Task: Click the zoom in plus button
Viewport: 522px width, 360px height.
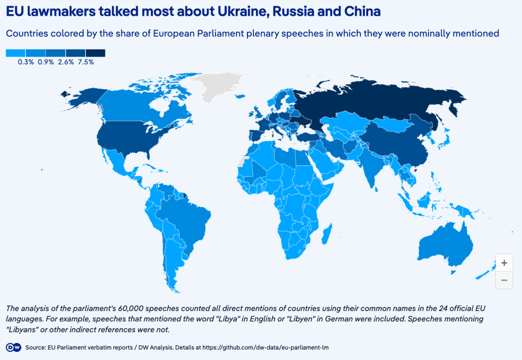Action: click(504, 263)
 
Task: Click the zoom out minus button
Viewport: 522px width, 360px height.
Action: click(504, 280)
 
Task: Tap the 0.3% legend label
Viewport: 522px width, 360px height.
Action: click(26, 62)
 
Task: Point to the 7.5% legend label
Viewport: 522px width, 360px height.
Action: click(86, 62)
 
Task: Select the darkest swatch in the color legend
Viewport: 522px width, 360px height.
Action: click(95, 53)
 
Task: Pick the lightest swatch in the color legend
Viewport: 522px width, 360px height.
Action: click(16, 53)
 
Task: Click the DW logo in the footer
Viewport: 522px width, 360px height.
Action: click(14, 347)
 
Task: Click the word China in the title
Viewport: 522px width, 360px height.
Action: click(357, 11)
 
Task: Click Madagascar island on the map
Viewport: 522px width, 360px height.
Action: click(327, 235)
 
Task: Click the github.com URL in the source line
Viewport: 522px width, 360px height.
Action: click(274, 347)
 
